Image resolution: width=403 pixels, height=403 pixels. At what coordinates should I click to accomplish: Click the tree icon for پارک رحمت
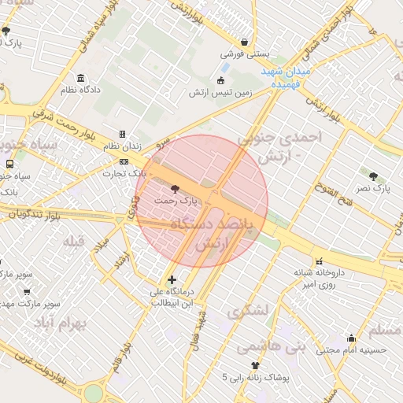click(174, 189)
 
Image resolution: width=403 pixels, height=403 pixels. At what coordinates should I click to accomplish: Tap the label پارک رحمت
click(175, 201)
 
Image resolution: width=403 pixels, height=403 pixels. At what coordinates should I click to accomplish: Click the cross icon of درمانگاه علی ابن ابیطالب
click(172, 279)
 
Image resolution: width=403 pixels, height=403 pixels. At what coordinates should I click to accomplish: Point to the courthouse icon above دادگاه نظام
click(80, 79)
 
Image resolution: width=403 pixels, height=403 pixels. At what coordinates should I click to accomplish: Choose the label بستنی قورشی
click(244, 54)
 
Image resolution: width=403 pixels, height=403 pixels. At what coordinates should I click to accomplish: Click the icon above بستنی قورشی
click(246, 42)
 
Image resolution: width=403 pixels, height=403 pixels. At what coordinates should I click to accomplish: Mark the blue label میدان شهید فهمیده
click(290, 76)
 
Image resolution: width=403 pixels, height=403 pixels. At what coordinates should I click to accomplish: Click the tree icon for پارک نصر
click(373, 176)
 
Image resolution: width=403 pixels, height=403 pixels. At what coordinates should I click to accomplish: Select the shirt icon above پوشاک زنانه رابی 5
click(254, 365)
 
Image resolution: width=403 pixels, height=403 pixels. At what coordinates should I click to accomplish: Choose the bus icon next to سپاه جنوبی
click(9, 165)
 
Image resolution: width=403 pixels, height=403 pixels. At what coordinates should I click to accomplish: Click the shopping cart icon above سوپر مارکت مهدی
click(28, 291)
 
